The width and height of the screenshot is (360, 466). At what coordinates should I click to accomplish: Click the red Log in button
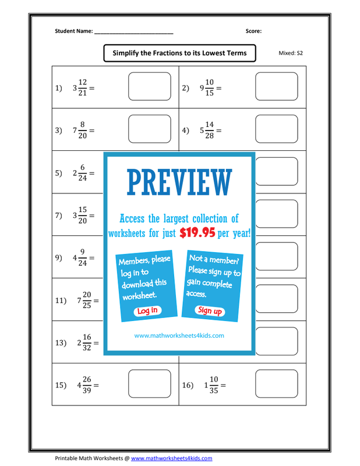point(147,310)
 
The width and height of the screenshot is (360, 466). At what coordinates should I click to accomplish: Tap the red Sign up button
point(210,310)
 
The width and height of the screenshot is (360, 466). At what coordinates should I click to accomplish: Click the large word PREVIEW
point(179,182)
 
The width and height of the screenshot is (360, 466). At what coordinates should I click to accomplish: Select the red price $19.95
point(197,232)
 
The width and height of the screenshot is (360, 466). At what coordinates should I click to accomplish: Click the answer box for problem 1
point(150,86)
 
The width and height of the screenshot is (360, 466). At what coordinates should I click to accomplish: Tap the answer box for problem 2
point(277,86)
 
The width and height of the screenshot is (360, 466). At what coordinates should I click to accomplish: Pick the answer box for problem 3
point(150,129)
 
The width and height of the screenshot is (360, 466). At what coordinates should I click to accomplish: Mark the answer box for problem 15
point(150,384)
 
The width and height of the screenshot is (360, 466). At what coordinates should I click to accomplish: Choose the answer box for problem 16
point(277,384)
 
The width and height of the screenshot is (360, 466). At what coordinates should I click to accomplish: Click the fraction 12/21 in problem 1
point(83,88)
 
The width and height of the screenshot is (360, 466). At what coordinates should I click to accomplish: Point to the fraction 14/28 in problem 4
point(210,130)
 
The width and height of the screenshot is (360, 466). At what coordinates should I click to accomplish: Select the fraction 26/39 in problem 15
point(87,385)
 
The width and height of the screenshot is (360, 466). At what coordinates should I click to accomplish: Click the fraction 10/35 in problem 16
point(214,385)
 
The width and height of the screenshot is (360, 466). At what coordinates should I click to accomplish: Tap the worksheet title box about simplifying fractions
point(179,53)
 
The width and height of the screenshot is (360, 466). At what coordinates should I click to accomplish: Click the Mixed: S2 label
point(291,53)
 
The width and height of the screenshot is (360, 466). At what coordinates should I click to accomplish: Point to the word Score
point(253,31)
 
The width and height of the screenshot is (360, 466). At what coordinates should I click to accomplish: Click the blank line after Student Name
point(134,33)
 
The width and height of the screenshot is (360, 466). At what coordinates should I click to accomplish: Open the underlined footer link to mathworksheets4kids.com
point(171,458)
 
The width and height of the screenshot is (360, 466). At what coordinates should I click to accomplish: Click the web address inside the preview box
point(179,336)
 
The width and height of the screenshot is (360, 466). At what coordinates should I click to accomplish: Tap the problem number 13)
point(61,343)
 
